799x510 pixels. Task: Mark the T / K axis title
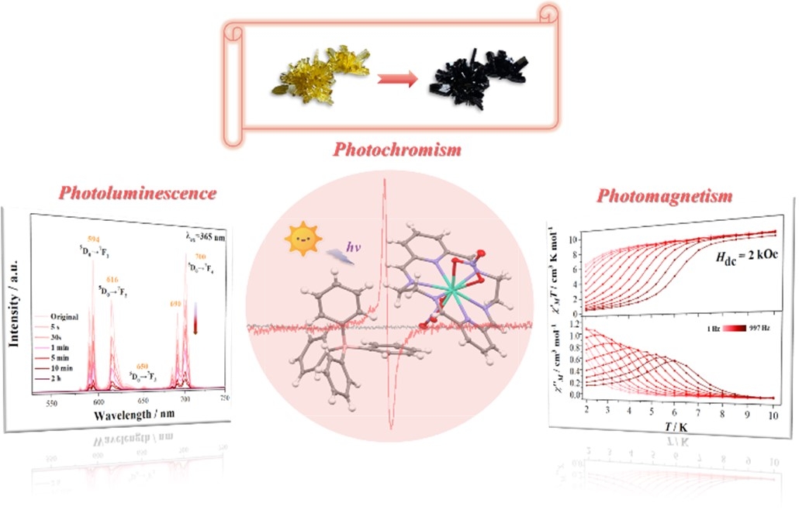tap(669, 432)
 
